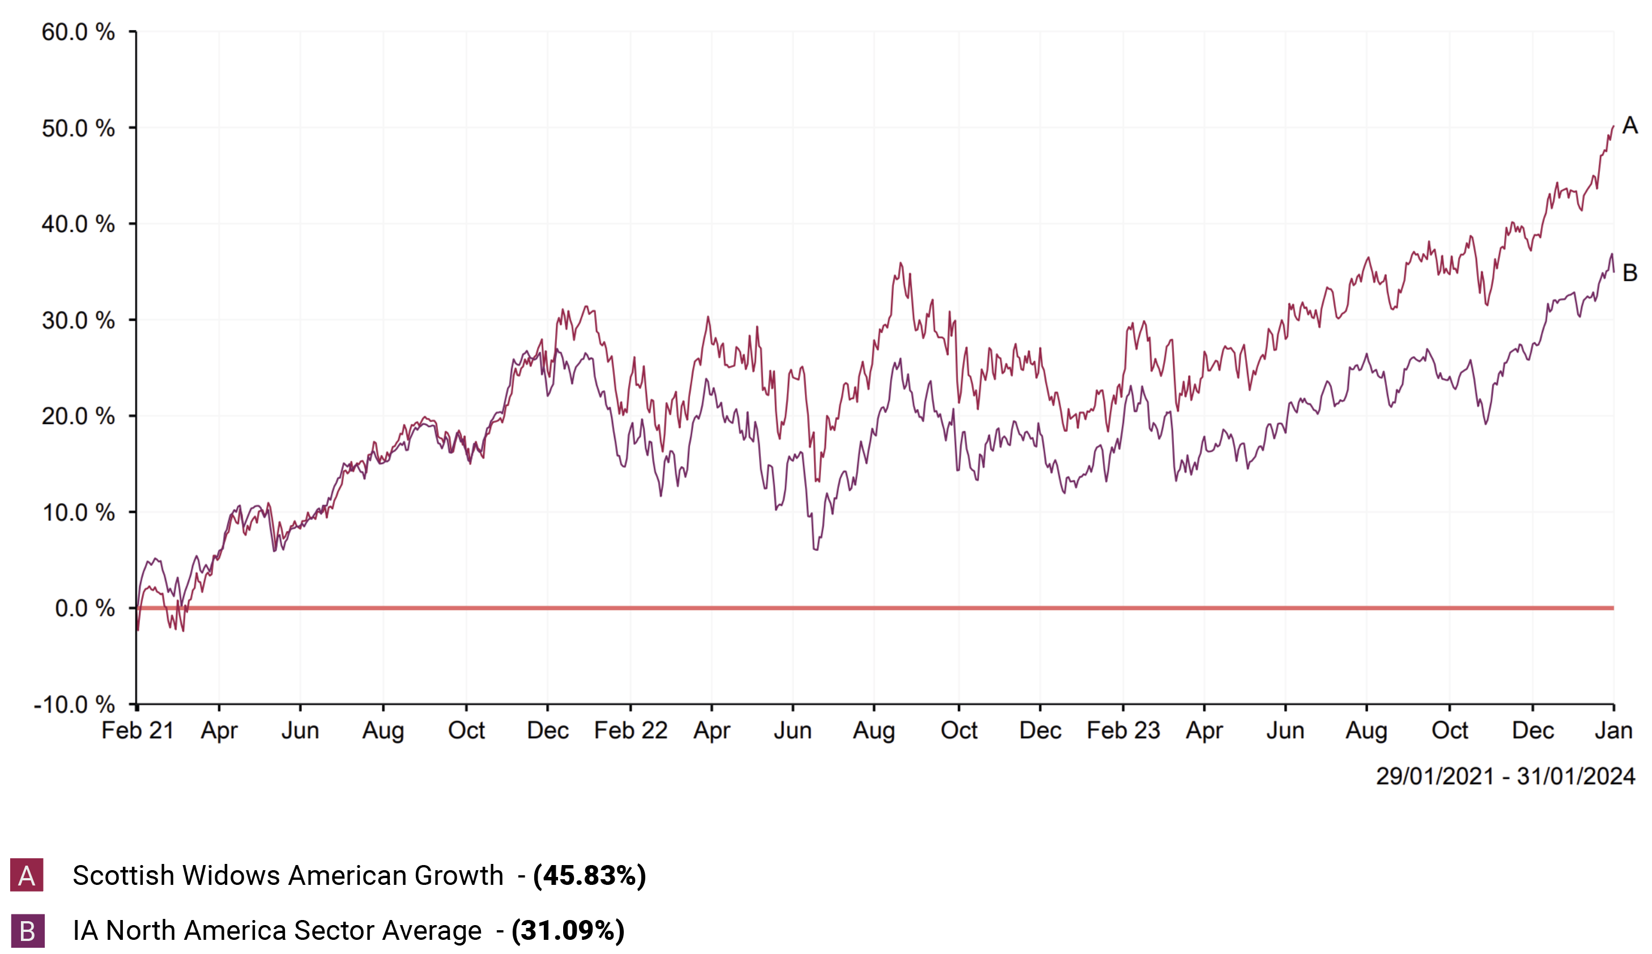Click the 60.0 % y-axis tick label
tap(78, 32)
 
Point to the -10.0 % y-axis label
tap(74, 705)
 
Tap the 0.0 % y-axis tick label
tap(84, 608)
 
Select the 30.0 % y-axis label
tap(78, 321)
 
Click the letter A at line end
tap(1630, 125)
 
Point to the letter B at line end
tap(1630, 272)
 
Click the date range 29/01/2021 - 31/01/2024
tap(1505, 777)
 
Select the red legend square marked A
tap(27, 875)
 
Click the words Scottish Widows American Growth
tap(288, 876)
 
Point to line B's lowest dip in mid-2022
tap(816, 549)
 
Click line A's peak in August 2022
tap(901, 263)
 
